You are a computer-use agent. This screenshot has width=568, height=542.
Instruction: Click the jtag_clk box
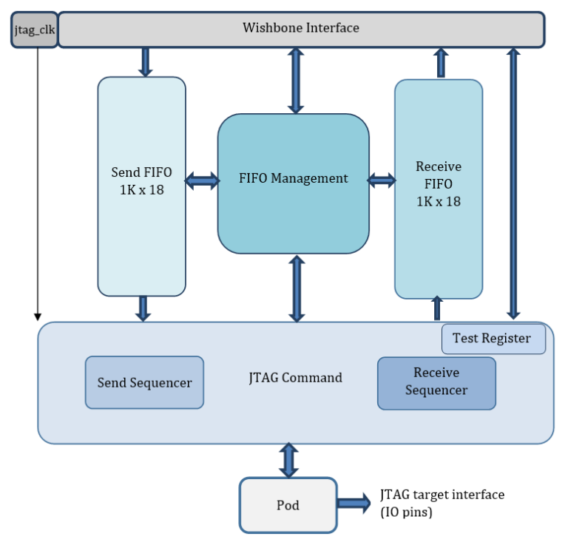[x=34, y=30]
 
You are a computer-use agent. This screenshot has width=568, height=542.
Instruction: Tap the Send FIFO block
[x=141, y=186]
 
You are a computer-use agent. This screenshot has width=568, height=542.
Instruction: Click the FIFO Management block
[x=293, y=179]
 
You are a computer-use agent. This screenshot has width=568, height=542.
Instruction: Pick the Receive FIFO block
[x=438, y=189]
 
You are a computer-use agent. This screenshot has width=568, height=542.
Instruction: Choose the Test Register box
[x=493, y=339]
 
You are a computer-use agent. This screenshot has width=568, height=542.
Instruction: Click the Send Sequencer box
[x=144, y=382]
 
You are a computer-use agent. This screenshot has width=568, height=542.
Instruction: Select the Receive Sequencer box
[x=436, y=382]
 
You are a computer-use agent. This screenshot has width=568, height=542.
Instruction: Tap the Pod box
[x=288, y=505]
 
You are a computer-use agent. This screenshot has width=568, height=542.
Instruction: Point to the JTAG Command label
[x=296, y=378]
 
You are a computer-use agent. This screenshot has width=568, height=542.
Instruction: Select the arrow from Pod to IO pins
[x=354, y=504]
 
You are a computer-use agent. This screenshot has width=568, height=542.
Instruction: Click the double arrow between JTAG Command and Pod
[x=288, y=460]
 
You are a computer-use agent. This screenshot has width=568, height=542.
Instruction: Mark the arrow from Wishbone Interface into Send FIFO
[x=145, y=62]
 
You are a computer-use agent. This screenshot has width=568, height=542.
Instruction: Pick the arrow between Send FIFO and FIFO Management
[x=201, y=180]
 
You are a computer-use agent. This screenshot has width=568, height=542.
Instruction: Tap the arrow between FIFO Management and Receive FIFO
[x=382, y=180]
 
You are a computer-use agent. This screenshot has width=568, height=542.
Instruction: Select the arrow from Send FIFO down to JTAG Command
[x=143, y=308]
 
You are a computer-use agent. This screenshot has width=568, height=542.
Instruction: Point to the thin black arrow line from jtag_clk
[x=37, y=185]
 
